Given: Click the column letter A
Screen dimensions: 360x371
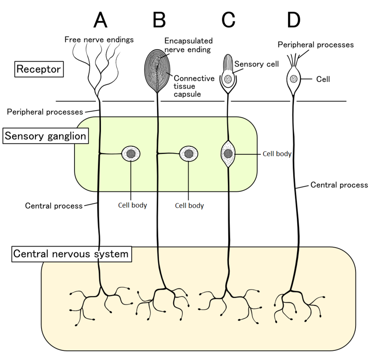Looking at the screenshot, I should pyautogui.click(x=100, y=20).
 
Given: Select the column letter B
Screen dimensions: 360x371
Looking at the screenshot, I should pyautogui.click(x=159, y=20).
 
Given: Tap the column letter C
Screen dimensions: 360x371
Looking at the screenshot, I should pyautogui.click(x=228, y=20).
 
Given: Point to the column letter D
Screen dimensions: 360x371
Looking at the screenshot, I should pyautogui.click(x=293, y=20).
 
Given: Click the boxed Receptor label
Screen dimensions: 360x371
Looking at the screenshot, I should pyautogui.click(x=39, y=70).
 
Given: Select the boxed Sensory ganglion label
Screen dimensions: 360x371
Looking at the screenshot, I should pyautogui.click(x=45, y=136).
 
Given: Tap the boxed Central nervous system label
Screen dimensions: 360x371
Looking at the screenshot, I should pyautogui.click(x=71, y=254).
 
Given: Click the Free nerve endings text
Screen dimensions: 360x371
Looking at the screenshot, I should pyautogui.click(x=99, y=39).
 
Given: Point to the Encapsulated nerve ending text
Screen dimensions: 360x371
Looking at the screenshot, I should pyautogui.click(x=188, y=45).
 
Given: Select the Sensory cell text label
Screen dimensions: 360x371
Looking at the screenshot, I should pyautogui.click(x=256, y=64).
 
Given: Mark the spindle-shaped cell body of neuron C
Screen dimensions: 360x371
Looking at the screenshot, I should pyautogui.click(x=228, y=154).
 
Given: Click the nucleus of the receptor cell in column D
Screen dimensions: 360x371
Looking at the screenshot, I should pyautogui.click(x=294, y=79).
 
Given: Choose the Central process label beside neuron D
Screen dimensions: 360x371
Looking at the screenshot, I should pyautogui.click(x=339, y=185).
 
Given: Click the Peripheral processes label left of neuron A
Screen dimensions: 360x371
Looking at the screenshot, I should pyautogui.click(x=45, y=112).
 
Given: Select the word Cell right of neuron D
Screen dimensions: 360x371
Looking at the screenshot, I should pyautogui.click(x=323, y=79).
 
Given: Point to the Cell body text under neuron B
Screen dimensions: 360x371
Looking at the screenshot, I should pyautogui.click(x=189, y=206).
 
